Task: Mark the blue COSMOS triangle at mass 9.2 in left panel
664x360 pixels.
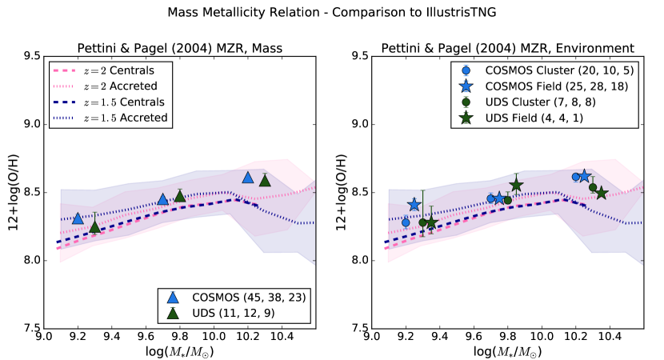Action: click(x=78, y=218)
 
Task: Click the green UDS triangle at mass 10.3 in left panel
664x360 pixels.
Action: click(x=265, y=181)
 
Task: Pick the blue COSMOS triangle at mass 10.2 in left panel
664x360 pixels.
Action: click(x=248, y=177)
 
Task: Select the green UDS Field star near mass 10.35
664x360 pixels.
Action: click(x=602, y=194)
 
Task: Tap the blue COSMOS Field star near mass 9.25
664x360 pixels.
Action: click(x=414, y=205)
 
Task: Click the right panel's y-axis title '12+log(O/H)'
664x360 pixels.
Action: click(x=340, y=192)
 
